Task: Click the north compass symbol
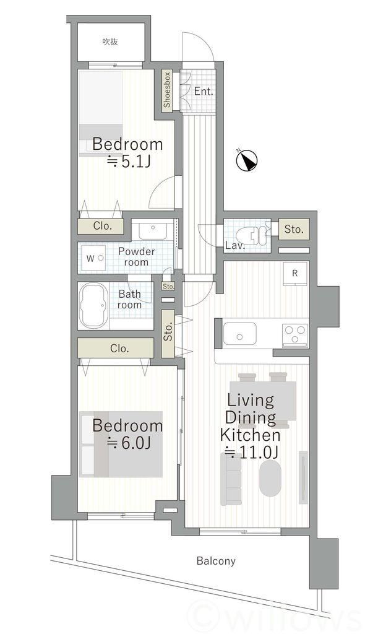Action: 246,160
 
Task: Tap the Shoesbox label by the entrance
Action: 167,89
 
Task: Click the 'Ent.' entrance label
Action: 204,92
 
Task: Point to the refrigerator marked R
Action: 295,274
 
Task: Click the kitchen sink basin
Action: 239,334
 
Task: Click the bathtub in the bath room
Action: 94,305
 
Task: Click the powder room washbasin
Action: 153,231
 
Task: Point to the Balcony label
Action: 216,561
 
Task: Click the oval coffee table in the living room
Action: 270,479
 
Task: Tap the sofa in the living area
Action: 231,479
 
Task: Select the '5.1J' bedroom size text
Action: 129,162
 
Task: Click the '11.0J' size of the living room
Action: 251,452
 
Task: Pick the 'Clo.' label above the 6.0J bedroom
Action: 119,348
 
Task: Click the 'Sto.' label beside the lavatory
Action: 294,229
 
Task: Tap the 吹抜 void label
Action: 110,41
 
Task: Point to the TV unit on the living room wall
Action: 303,477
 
